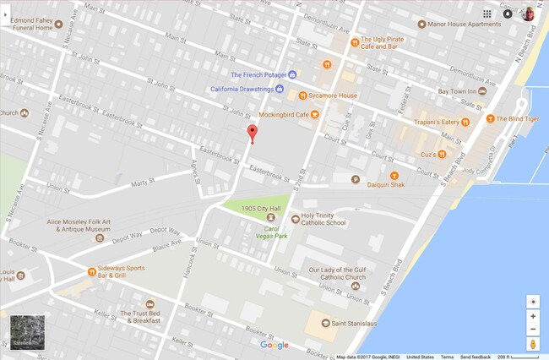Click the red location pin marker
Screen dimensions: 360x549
(x=251, y=134)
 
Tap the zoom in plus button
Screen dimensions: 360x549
(x=533, y=316)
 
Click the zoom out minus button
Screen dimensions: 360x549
(x=533, y=330)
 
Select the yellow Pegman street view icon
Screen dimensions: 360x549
(x=533, y=345)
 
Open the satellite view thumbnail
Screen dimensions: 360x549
(x=26, y=331)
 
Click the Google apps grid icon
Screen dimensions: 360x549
(x=487, y=14)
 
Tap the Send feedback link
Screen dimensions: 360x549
(x=476, y=357)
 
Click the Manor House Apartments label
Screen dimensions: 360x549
(x=465, y=25)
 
